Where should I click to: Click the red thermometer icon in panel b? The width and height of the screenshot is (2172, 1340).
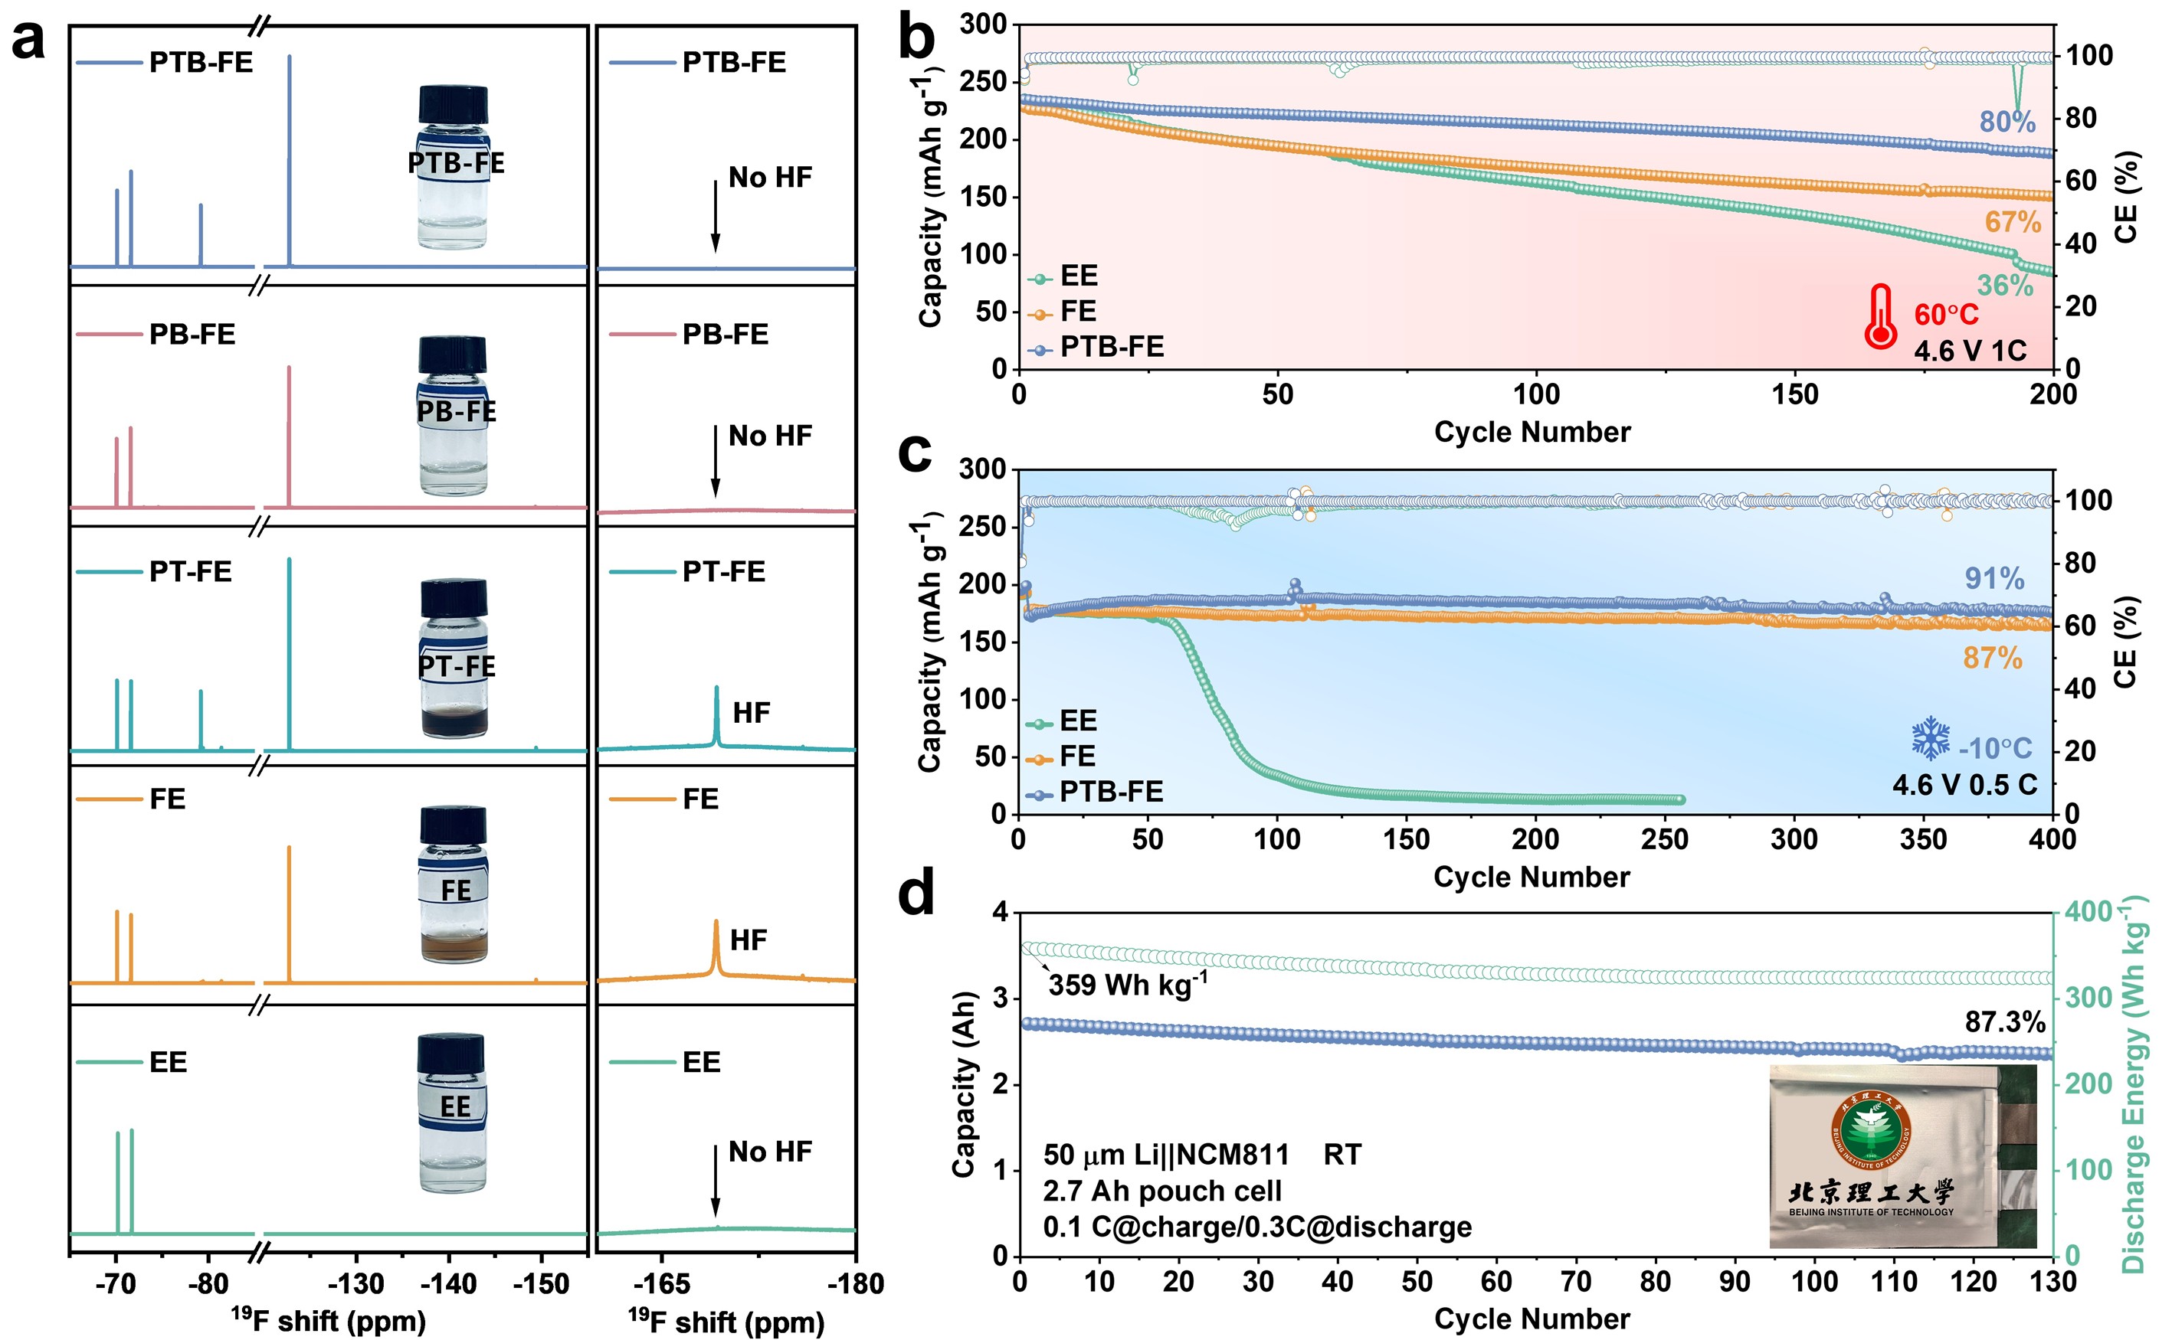[x=1879, y=317]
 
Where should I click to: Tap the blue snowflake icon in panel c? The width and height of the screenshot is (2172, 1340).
[x=1930, y=739]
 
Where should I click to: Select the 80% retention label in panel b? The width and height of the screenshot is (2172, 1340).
[x=2007, y=122]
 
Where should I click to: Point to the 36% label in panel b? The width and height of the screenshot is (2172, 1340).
[x=2004, y=286]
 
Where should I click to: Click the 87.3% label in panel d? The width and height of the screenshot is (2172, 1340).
[x=2004, y=1021]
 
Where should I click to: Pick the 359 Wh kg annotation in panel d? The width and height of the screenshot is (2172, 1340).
[x=1127, y=984]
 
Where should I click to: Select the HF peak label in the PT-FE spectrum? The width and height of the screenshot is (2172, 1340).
[x=751, y=713]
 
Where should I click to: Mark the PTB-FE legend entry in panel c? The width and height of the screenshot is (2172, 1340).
[x=1095, y=792]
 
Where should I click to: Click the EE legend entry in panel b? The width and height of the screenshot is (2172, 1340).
[x=1063, y=276]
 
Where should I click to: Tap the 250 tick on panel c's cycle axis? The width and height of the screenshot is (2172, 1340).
[x=1664, y=838]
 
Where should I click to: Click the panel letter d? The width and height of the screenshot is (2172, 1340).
[x=916, y=894]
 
